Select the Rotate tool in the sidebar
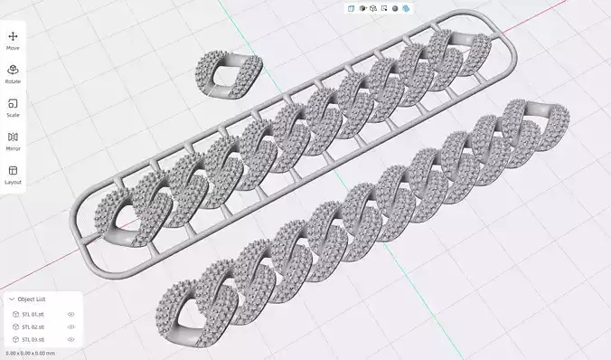click(13, 70)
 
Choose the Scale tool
click(13, 103)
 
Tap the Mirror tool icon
click(13, 137)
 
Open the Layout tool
click(13, 170)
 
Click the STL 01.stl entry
click(33, 314)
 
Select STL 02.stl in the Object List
click(33, 327)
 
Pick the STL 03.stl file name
click(33, 339)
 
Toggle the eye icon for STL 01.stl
click(70, 314)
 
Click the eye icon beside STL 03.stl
click(70, 339)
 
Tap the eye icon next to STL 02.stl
click(70, 327)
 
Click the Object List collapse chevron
click(11, 298)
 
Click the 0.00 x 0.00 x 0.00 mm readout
click(30, 352)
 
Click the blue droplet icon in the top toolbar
click(406, 8)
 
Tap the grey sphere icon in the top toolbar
click(395, 8)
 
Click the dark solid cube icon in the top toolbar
click(362, 8)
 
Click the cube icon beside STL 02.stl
click(15, 327)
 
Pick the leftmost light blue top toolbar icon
click(351, 8)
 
